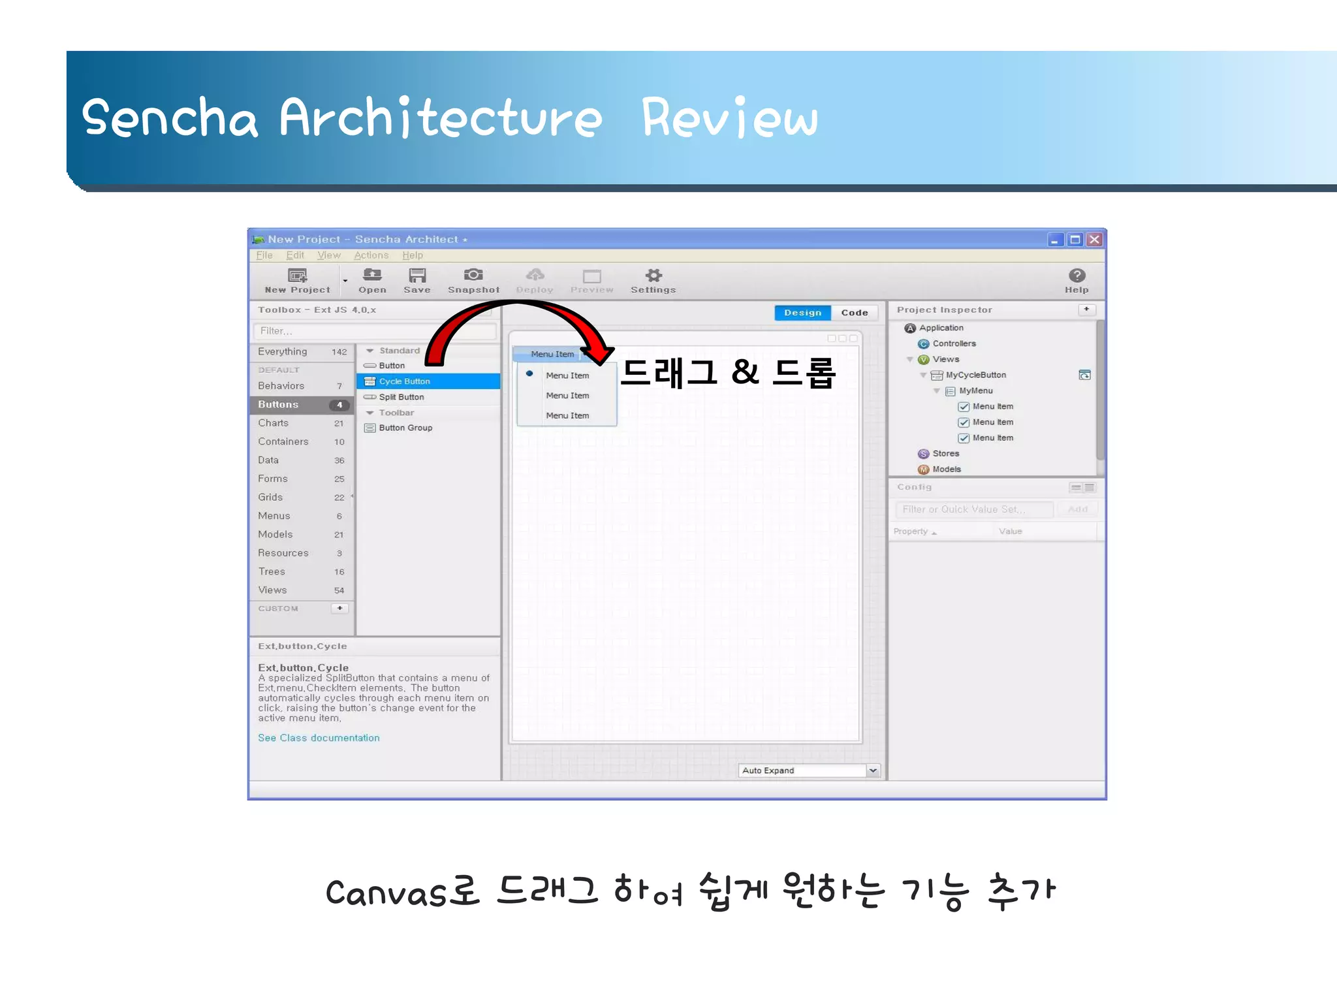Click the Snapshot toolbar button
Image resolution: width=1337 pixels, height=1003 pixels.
473,280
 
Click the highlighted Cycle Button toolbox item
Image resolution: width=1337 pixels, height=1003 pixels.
404,381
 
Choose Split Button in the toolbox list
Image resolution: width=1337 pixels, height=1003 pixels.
401,397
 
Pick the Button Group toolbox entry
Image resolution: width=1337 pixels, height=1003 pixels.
405,428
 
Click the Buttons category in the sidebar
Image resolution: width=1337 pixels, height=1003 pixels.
279,405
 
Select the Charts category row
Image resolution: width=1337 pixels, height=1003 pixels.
274,423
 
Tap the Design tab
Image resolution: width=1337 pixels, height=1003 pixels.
802,313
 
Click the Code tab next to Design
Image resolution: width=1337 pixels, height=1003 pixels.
854,313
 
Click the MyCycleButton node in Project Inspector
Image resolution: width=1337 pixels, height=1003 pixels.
975,375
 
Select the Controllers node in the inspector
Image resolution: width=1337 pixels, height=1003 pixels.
954,343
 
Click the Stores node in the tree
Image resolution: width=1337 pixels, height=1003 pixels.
945,453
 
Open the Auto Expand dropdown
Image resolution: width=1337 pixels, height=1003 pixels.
873,771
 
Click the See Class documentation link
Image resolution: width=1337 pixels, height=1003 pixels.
319,738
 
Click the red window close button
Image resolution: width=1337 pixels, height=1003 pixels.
1095,240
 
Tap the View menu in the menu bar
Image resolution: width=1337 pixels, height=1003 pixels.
329,255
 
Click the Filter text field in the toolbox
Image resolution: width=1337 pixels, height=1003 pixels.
372,331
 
